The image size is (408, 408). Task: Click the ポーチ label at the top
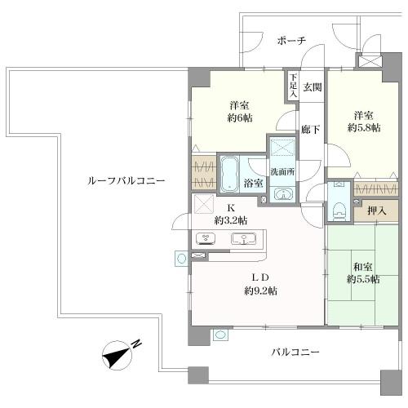(x=290, y=41)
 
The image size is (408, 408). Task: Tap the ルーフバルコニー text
(x=126, y=180)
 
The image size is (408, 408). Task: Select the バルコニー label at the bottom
(x=295, y=352)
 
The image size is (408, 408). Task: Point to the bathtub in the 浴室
(x=230, y=173)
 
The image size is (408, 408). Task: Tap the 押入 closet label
(x=377, y=209)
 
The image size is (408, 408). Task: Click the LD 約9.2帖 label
(x=260, y=284)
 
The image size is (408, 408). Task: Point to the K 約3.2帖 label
(x=231, y=214)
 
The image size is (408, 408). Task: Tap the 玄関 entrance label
(x=313, y=86)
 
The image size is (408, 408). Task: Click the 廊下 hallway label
(x=308, y=128)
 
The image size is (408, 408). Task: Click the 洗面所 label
(x=283, y=171)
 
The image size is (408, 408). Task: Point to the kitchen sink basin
(x=245, y=239)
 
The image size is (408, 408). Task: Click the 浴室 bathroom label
(x=252, y=184)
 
